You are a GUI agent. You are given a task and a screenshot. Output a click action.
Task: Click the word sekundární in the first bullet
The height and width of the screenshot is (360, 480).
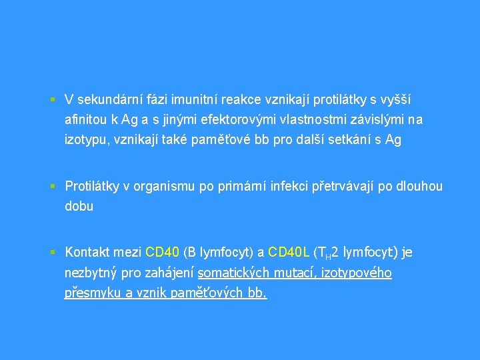click(105, 100)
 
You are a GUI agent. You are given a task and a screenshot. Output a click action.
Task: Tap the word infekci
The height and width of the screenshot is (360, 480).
click(289, 187)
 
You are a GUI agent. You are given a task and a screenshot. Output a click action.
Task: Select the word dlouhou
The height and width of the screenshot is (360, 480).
click(419, 187)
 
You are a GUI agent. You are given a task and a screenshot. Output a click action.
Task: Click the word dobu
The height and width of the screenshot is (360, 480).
click(79, 207)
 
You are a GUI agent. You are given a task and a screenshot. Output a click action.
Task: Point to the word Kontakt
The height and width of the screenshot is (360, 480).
click(88, 253)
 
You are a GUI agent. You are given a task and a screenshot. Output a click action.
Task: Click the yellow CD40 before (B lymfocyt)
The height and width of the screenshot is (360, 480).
click(162, 253)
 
